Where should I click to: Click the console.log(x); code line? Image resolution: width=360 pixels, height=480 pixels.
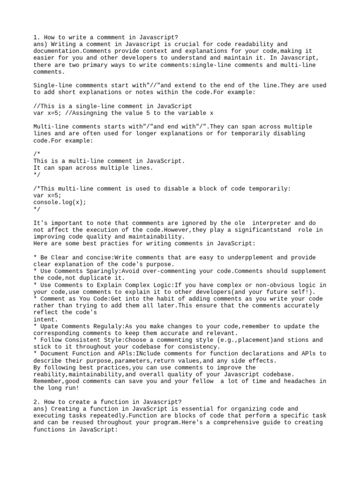tap(60, 202)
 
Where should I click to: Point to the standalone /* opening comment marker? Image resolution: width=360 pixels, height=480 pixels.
tap(37, 154)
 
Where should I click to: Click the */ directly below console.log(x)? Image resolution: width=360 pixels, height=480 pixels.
tap(37, 209)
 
